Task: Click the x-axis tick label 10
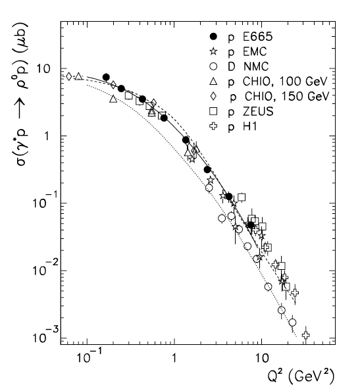(x=261, y=357)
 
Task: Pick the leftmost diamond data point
(x=69, y=76)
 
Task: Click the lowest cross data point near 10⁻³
(x=306, y=335)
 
